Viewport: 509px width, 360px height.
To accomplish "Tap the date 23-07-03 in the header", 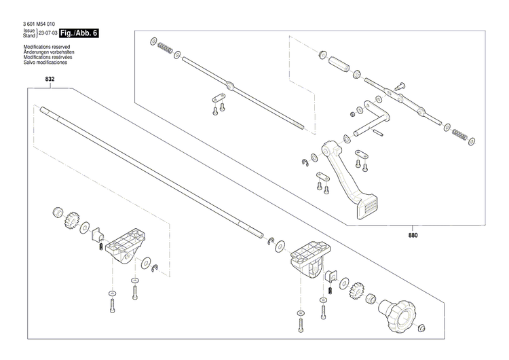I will point(47,33).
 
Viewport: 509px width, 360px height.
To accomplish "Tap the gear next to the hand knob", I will point(356,292).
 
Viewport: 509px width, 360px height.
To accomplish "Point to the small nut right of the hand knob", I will point(421,329).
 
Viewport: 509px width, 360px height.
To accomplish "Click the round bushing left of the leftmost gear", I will point(57,211).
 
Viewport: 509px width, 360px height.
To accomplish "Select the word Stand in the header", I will point(29,35).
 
